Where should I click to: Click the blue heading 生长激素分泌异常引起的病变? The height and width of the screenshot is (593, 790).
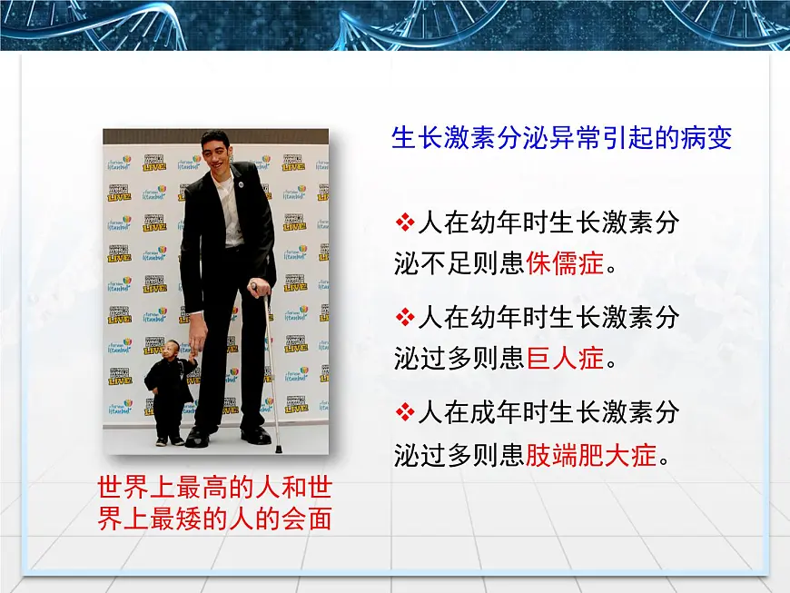click(561, 139)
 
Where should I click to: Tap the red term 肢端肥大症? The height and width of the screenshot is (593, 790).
click(590, 455)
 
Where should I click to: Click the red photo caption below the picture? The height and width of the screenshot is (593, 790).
click(214, 502)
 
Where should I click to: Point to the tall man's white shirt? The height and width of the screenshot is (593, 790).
click(230, 209)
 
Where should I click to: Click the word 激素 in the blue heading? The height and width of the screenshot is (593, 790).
click(462, 139)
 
